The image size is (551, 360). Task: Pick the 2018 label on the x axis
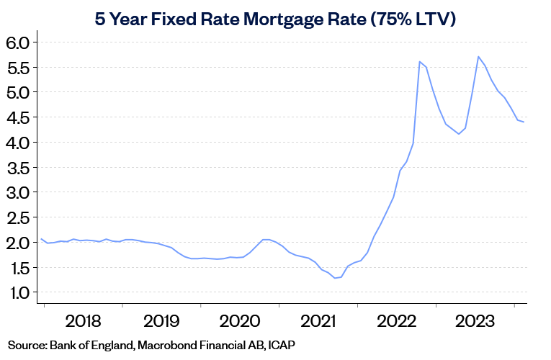tap(83, 320)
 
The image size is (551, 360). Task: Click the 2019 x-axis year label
tap(161, 320)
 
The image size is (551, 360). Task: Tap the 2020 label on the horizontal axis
tap(239, 320)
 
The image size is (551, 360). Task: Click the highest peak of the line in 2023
tap(478, 56)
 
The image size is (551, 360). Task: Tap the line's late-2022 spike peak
tap(419, 61)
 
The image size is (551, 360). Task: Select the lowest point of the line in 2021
tap(335, 278)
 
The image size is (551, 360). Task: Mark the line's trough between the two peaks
tap(459, 134)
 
